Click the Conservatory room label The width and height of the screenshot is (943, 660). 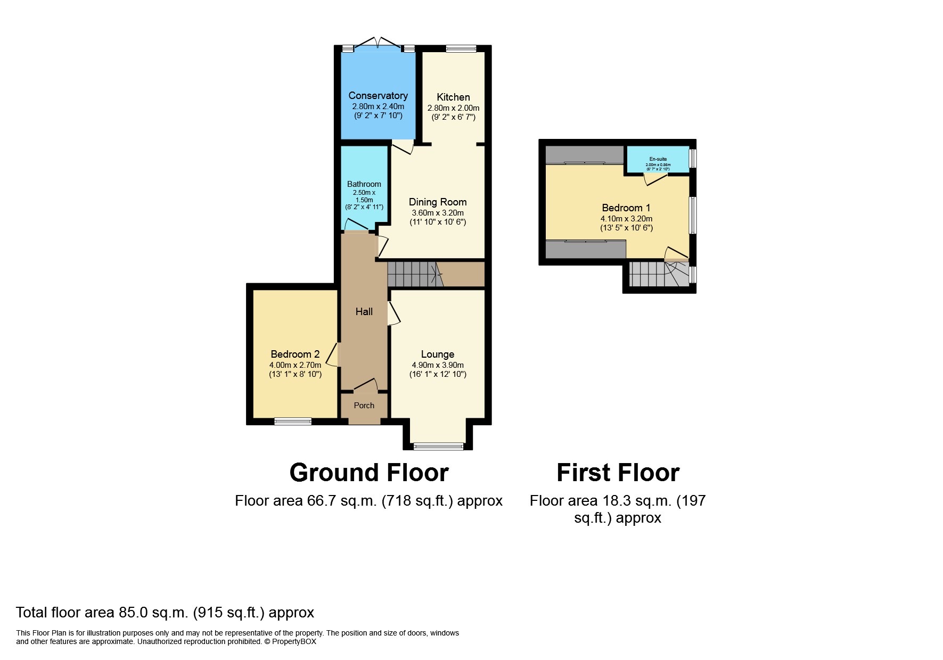pos(378,95)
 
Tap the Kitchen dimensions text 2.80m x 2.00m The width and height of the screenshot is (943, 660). pos(453,108)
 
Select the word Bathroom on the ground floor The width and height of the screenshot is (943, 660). pos(364,184)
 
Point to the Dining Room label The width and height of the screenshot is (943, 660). pos(438,202)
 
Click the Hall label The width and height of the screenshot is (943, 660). pos(364,311)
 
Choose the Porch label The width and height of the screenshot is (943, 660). pos(364,406)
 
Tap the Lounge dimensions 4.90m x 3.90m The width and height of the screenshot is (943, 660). pos(438,365)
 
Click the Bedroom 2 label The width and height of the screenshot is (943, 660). pos(295,354)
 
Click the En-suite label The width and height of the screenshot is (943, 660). pos(658,159)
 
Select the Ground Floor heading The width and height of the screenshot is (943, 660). pos(369,473)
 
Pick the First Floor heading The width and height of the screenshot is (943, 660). pos(618,473)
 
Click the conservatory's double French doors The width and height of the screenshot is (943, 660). pos(378,43)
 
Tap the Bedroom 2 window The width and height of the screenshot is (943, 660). pos(293,422)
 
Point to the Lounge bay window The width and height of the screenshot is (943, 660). pos(439,447)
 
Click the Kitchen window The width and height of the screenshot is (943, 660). pos(461,48)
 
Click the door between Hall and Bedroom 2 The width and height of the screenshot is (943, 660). pos(333,354)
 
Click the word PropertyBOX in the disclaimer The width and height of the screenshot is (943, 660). pos(294,641)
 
